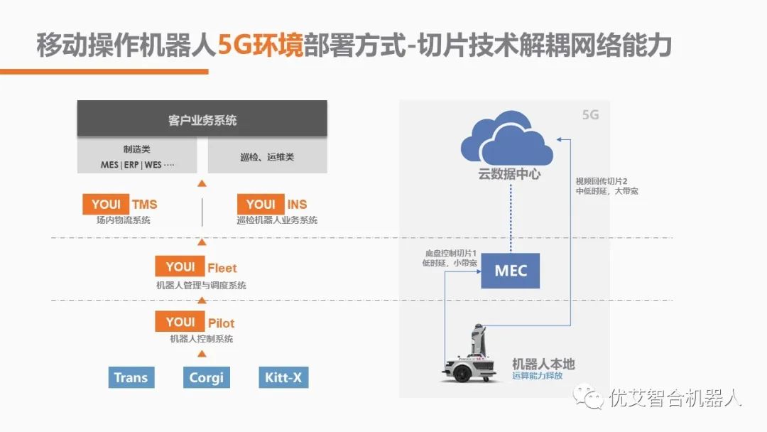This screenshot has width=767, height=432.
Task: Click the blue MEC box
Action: pyautogui.click(x=511, y=271)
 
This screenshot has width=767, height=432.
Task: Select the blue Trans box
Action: pyautogui.click(x=131, y=377)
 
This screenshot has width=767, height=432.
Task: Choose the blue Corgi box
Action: pyautogui.click(x=206, y=377)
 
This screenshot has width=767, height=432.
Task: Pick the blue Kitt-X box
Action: pyautogui.click(x=283, y=377)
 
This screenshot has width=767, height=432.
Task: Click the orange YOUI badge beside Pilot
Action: pyautogui.click(x=180, y=323)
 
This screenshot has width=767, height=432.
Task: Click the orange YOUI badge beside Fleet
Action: pyautogui.click(x=180, y=267)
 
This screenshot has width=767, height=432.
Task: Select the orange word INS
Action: pyautogui.click(x=297, y=205)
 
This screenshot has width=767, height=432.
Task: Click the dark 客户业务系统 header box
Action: pyautogui.click(x=202, y=119)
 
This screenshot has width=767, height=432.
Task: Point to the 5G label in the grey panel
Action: pyautogui.click(x=590, y=114)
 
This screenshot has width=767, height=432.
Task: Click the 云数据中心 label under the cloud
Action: pyautogui.click(x=509, y=174)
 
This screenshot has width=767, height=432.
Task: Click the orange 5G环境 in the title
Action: pyautogui.click(x=261, y=46)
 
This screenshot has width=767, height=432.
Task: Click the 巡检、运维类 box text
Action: pyautogui.click(x=266, y=157)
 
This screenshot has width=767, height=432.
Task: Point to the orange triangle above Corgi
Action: pyautogui.click(x=202, y=353)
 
